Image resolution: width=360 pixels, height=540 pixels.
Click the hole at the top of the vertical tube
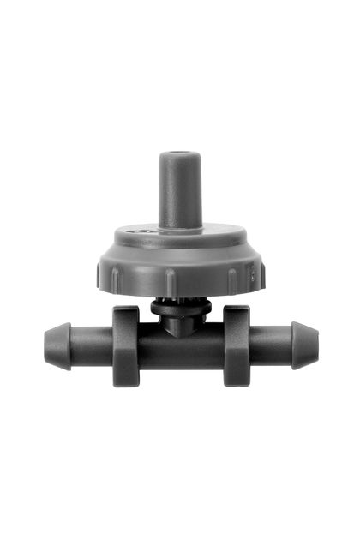click(180, 155)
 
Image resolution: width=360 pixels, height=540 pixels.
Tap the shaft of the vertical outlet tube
click(180, 193)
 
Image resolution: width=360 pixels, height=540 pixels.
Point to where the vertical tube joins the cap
click(180, 228)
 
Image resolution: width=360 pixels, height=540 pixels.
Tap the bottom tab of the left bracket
click(127, 376)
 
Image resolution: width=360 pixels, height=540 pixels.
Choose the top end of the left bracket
click(125, 314)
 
